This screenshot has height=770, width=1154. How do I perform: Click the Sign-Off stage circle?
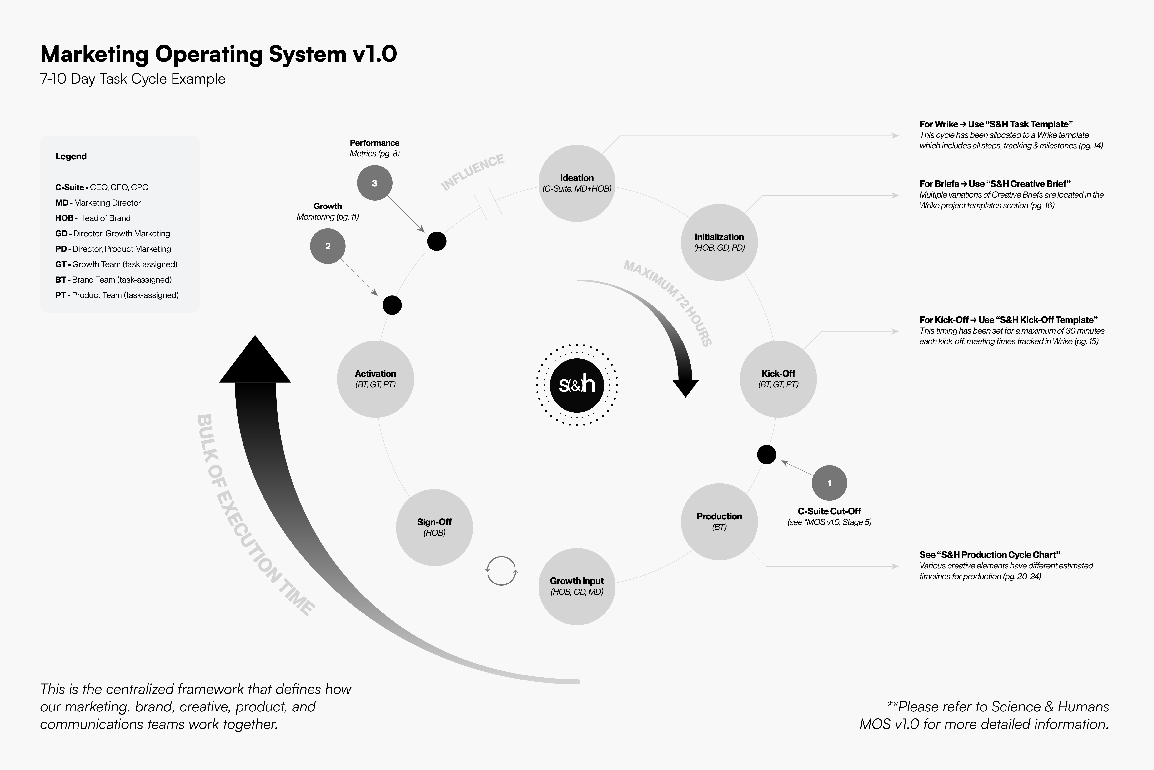tap(434, 527)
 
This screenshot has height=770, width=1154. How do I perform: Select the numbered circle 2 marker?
tap(328, 246)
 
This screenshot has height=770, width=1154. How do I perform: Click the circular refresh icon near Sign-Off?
tap(501, 571)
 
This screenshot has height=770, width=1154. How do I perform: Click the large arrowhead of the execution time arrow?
tap(255, 361)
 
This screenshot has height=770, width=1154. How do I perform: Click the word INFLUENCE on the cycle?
tap(473, 172)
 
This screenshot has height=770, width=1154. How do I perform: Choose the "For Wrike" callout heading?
tap(996, 124)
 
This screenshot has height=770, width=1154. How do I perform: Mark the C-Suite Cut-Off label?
tap(829, 511)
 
